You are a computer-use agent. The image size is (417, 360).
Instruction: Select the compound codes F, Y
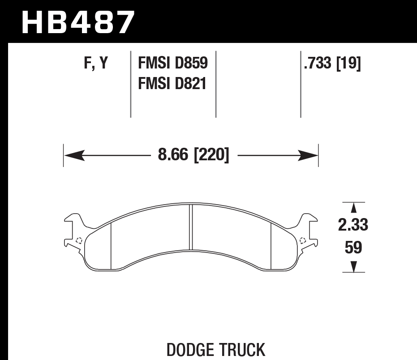[96, 64]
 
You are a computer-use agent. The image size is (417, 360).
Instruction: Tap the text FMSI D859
[173, 64]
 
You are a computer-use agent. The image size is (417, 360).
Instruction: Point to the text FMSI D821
[172, 83]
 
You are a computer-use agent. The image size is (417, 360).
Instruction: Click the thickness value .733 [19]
[332, 64]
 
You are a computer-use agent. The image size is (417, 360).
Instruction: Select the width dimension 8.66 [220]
[193, 156]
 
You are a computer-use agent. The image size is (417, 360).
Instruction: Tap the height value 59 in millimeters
[353, 247]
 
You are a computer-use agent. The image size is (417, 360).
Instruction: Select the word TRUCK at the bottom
[242, 350]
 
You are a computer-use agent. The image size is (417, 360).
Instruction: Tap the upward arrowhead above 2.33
[353, 208]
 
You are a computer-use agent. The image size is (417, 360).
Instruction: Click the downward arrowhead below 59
[353, 267]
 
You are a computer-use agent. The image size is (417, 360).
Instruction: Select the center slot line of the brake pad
[191, 227]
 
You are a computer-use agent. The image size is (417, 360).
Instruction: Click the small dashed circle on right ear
[303, 240]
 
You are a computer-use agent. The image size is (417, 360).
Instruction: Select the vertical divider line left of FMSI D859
[130, 83]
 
